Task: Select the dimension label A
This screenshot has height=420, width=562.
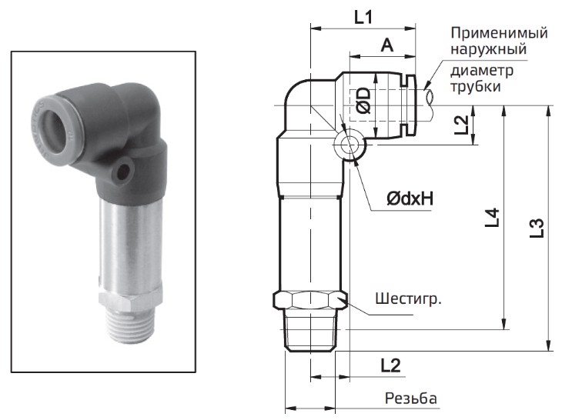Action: point(387,46)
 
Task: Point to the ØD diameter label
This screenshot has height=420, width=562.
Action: point(363,101)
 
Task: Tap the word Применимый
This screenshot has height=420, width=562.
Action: point(499,34)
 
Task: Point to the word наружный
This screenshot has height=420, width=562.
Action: point(489,51)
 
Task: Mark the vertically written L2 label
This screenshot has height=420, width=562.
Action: point(460,125)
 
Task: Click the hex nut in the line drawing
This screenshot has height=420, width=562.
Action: point(311,299)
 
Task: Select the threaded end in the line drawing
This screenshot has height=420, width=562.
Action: point(311,331)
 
